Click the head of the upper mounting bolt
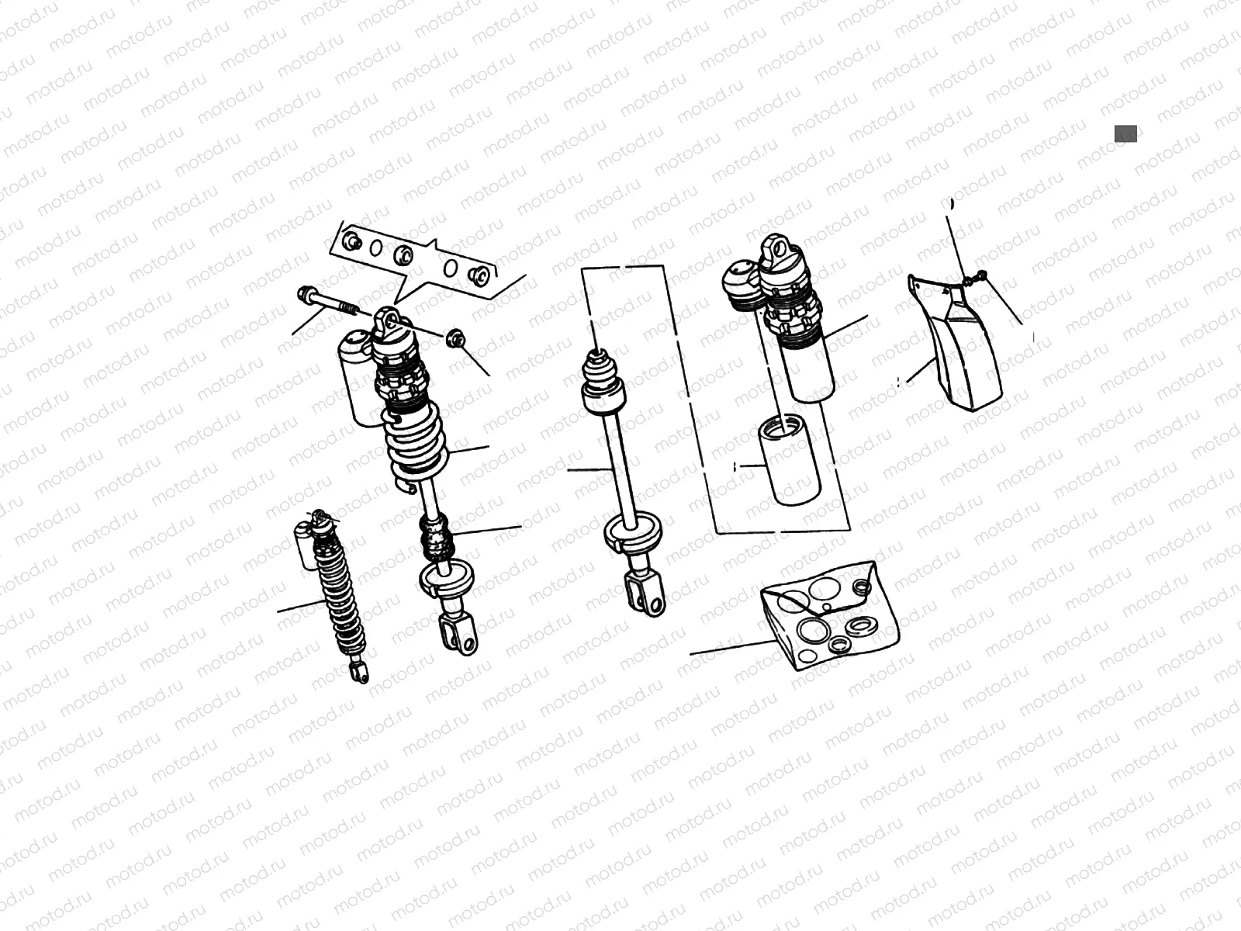coord(305,293)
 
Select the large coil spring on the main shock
coord(417,442)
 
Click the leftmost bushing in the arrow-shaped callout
coord(352,241)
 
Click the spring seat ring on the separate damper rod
coord(632,534)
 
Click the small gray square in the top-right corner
coord(1125,133)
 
